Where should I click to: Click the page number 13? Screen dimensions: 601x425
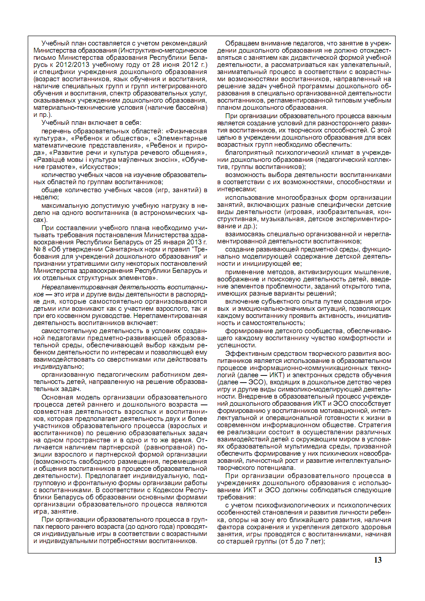point(378,560)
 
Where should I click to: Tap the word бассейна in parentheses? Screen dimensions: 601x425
point(192,107)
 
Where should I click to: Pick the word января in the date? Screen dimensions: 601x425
point(174,242)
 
